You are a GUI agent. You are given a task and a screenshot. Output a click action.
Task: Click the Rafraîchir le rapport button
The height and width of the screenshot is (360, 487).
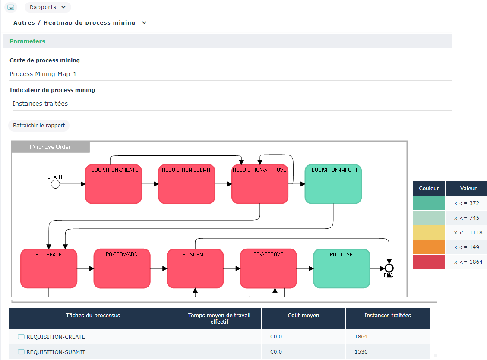(39, 126)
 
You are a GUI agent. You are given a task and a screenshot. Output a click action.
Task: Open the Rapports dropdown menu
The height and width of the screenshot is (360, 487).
(48, 7)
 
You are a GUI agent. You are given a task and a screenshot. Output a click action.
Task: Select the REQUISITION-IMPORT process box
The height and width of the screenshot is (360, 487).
(333, 184)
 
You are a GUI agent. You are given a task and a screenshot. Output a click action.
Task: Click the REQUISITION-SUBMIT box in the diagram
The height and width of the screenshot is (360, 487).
(187, 184)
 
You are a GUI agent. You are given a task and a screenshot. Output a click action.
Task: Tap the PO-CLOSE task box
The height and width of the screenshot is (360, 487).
(342, 268)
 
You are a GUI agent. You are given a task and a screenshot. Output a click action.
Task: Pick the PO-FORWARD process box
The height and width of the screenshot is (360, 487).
(122, 268)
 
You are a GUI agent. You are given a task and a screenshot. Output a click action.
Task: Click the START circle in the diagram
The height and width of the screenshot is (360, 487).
(55, 184)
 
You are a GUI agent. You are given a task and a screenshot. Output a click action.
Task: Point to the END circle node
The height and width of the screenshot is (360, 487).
(389, 268)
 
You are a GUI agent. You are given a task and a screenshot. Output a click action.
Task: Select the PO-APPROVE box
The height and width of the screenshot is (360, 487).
(268, 268)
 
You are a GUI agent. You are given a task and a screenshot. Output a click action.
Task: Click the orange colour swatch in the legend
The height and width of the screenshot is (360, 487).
(429, 247)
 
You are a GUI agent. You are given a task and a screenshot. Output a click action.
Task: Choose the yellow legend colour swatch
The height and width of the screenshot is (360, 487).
(429, 232)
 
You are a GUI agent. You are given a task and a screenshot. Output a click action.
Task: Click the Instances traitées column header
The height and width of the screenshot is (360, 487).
(387, 316)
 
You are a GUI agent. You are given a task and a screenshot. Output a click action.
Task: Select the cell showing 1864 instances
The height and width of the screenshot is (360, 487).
(361, 337)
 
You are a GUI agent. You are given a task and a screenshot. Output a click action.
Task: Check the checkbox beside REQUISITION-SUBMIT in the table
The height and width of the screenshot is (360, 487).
(21, 352)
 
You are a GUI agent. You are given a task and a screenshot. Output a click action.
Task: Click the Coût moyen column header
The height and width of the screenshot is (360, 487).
(303, 316)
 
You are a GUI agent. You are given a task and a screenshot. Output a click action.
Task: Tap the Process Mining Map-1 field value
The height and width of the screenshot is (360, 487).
(43, 74)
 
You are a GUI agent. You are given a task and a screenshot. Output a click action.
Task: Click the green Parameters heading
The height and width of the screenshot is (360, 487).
(27, 41)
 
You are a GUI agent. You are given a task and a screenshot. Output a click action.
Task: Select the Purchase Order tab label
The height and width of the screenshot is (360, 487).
(50, 147)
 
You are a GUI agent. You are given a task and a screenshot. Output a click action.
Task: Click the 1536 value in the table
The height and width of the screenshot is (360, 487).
(361, 352)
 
